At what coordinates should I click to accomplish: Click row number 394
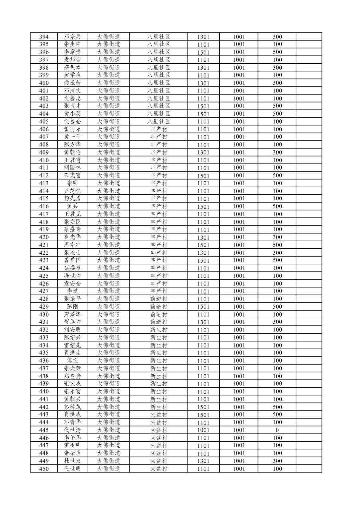pos(44,37)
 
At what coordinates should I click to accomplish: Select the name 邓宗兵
pos(72,37)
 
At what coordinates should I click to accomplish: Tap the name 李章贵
pos(72,52)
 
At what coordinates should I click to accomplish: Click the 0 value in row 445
pos(277,430)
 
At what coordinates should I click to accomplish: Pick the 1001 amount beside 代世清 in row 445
pos(203,430)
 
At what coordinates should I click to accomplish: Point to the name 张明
pos(72,183)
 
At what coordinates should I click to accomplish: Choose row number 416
pos(44,206)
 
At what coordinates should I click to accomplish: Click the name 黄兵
pos(72,206)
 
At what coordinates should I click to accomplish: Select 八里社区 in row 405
pos(159,122)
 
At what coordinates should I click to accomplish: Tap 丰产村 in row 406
pos(159,129)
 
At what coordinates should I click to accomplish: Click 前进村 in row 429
pos(159,307)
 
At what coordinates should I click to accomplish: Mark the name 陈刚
pos(72,307)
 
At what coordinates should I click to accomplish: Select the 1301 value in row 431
pos(203,322)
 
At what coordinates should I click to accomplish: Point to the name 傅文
pos(72,361)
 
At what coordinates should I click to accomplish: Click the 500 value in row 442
pos(277,407)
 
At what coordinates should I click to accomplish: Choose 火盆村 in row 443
pos(159,415)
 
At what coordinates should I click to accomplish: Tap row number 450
pos(44,469)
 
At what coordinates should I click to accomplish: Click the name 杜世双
pos(72,461)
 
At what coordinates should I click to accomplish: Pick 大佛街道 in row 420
pos(109,237)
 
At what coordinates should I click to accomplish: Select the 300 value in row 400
pos(277,83)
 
